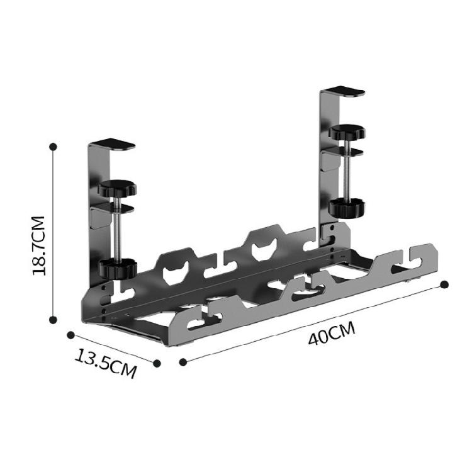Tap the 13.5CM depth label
point(106,363)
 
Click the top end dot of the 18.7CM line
point(53,146)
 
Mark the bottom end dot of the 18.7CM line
point(54,319)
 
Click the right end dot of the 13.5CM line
point(157,363)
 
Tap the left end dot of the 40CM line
point(183,362)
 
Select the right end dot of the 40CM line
point(444,284)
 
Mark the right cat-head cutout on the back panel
point(262,249)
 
